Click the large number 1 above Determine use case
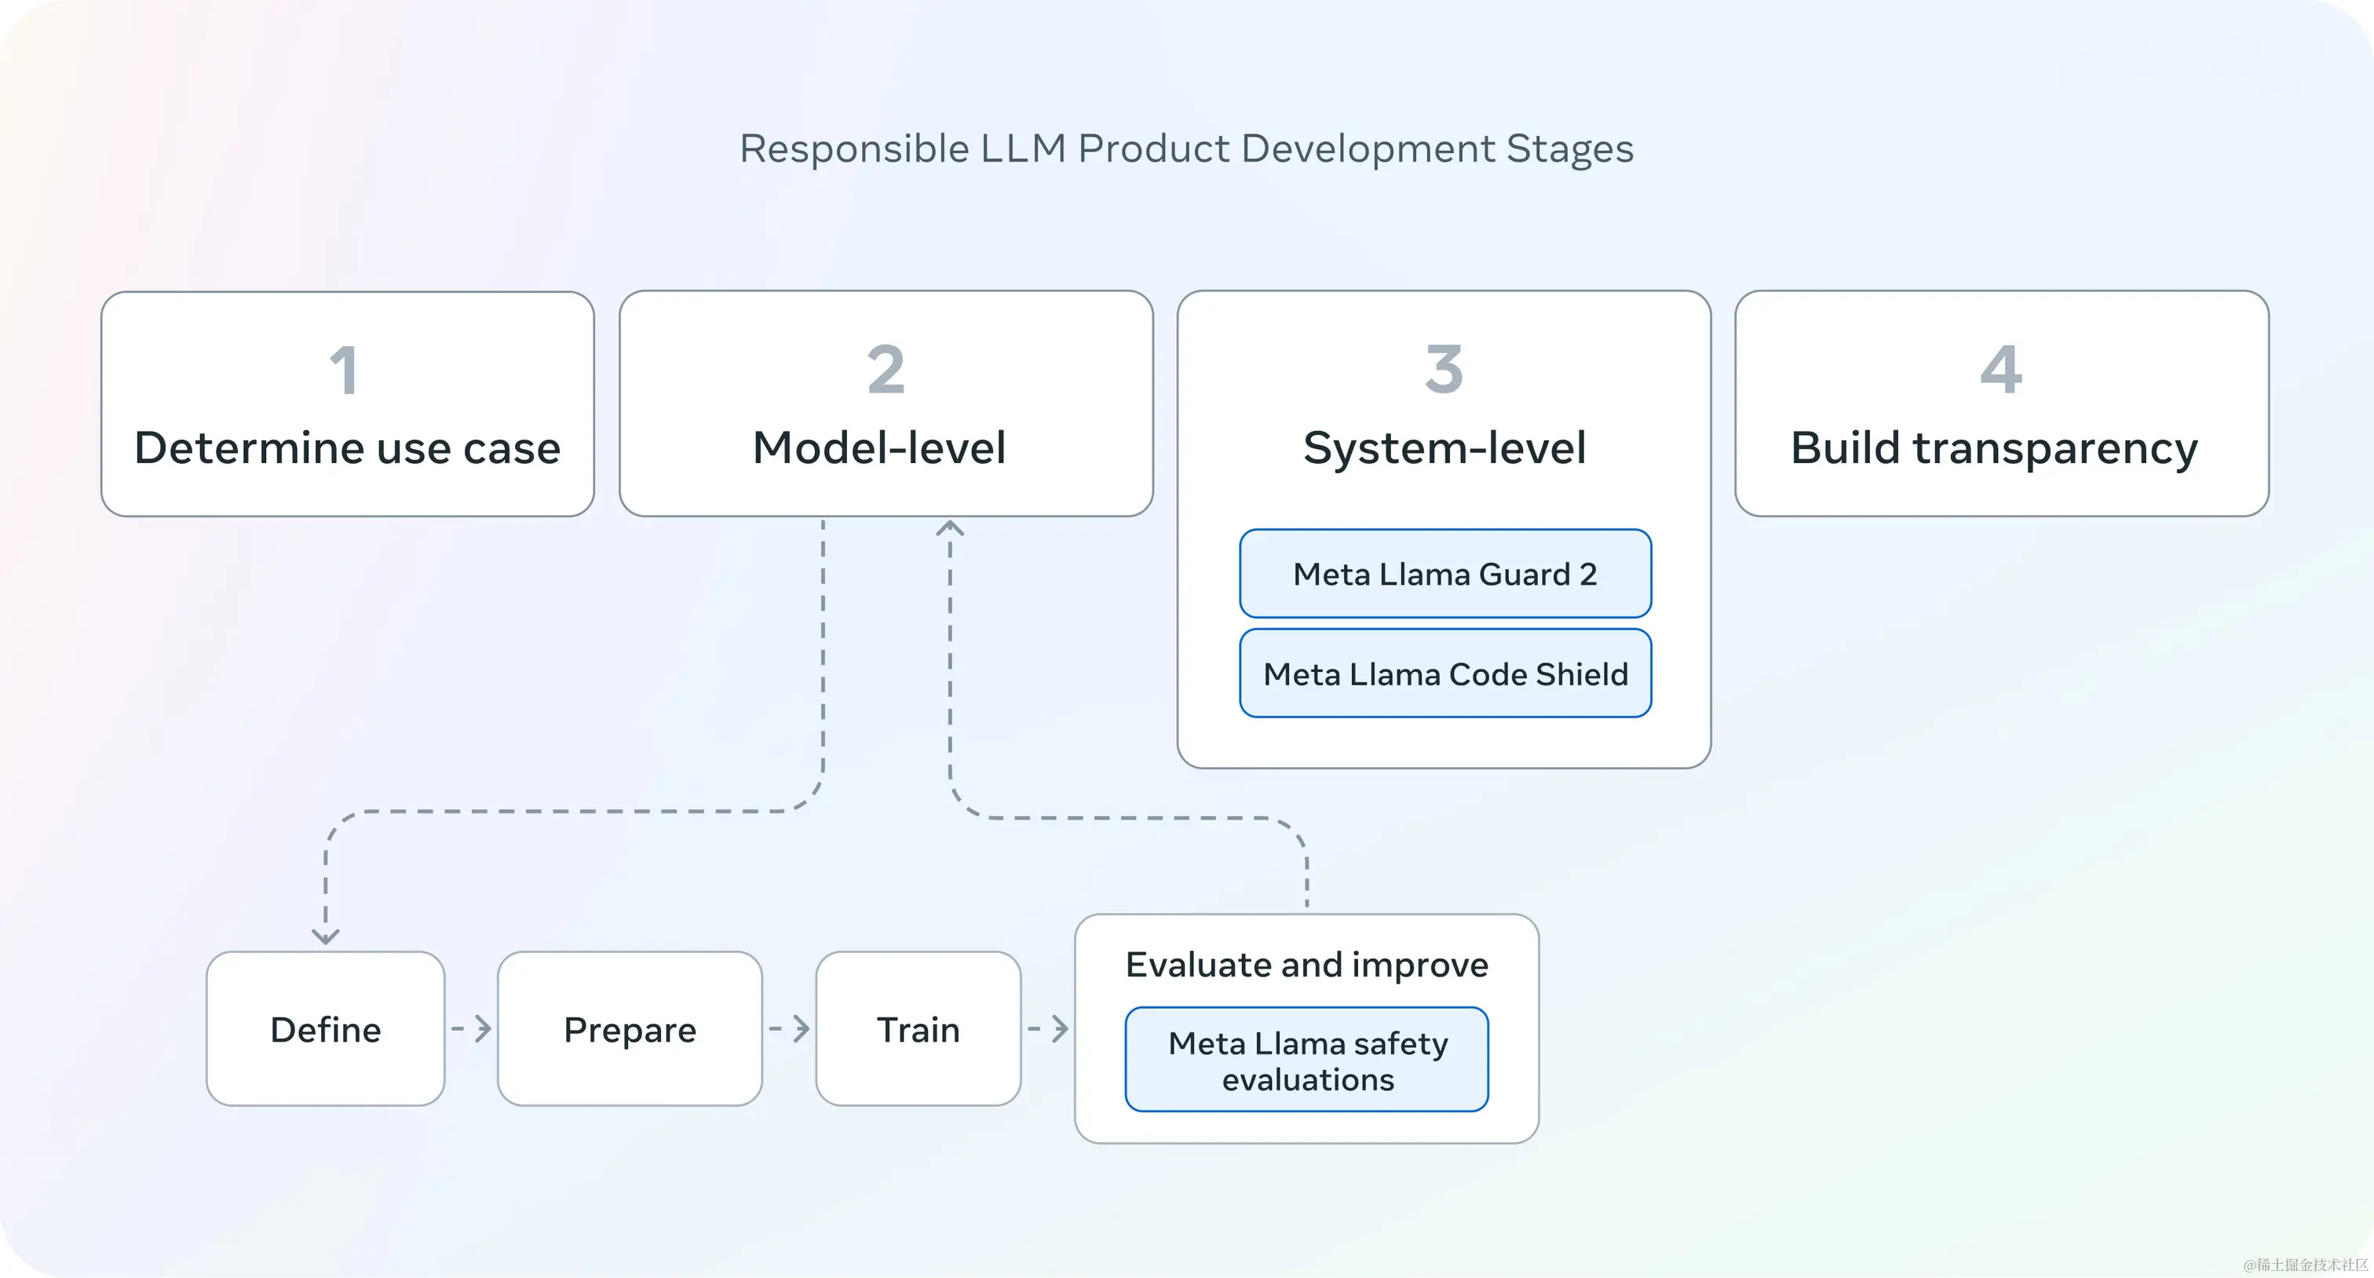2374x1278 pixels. click(x=344, y=371)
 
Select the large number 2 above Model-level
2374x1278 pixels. click(x=886, y=370)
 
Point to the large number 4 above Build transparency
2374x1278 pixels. click(x=2001, y=370)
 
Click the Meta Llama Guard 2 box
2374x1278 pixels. click(x=1444, y=573)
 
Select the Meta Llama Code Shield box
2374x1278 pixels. click(x=1444, y=674)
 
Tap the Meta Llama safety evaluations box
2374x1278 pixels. click(x=1307, y=1060)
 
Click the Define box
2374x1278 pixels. click(x=325, y=1029)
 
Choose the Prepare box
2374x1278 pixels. click(x=630, y=1029)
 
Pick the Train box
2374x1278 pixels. click(x=918, y=1029)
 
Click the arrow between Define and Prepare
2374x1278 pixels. click(x=472, y=1028)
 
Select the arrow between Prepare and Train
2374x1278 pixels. click(x=790, y=1028)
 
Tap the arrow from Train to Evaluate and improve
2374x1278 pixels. click(x=1049, y=1028)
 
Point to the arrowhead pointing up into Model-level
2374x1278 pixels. click(x=950, y=528)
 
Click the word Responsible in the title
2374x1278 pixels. click(x=853, y=149)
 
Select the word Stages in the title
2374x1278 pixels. click(x=1569, y=149)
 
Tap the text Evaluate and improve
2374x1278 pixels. click(x=1307, y=965)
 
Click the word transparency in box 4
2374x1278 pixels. click(x=2055, y=449)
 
